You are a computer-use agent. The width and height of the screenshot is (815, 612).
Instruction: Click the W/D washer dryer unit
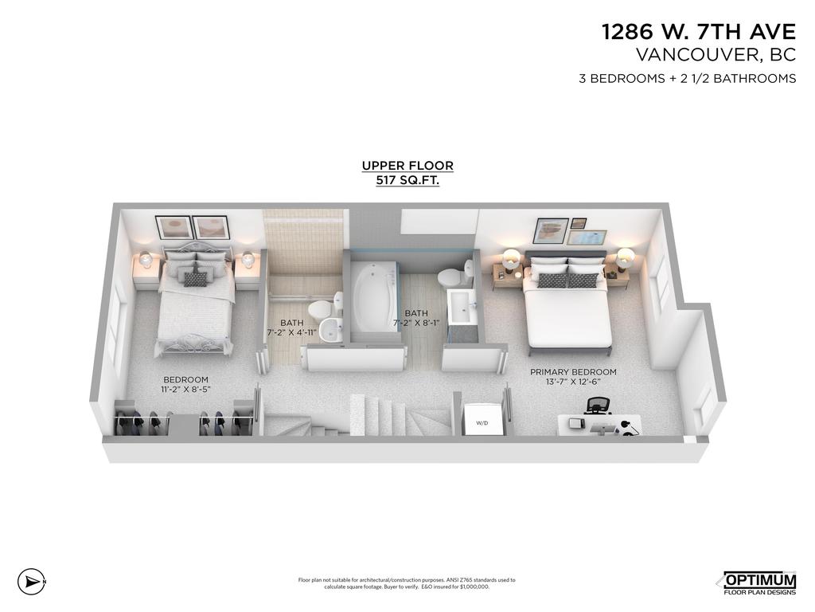coord(482,419)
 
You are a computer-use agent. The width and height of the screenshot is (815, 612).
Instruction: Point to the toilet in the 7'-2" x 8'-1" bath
coord(450,279)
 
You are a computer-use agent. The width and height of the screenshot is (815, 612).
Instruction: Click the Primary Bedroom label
coord(573,372)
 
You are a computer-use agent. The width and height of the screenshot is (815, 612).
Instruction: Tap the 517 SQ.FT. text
coord(407,181)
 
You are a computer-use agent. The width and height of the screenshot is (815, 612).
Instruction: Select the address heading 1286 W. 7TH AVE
coord(698,32)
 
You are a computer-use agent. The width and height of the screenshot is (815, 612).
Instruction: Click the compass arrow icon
coord(29,581)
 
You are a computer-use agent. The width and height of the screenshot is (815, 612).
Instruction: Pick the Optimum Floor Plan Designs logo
coord(758,583)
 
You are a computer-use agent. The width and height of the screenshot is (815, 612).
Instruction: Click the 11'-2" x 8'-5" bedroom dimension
coord(185,389)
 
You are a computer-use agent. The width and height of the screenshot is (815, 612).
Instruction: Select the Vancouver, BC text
coord(716,55)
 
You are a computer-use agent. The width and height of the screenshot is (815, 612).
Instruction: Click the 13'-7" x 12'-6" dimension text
coord(573,382)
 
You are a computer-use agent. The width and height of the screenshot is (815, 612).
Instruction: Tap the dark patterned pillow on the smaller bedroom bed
coord(196,278)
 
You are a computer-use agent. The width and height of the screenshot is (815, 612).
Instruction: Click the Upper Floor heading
coord(407,166)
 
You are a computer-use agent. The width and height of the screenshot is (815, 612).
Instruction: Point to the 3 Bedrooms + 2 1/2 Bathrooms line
coord(687,78)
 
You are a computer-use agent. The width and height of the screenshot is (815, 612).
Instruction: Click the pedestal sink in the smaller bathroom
coord(330,332)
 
